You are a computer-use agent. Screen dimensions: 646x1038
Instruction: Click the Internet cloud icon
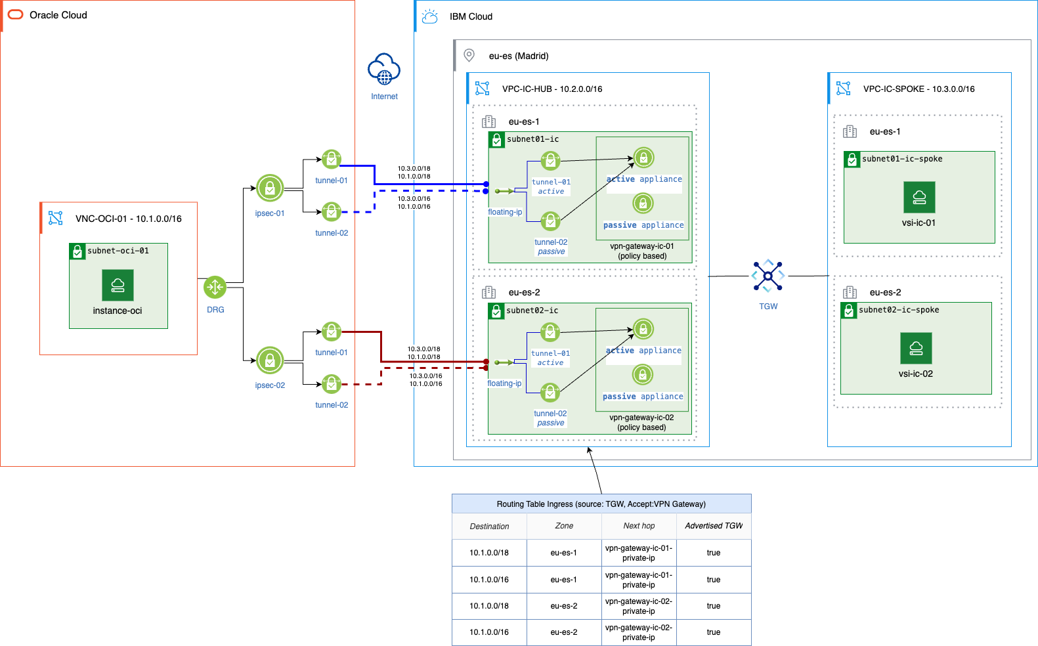click(x=384, y=70)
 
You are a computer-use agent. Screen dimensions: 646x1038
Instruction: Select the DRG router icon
click(x=215, y=287)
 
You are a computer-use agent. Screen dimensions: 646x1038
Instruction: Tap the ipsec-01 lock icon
click(x=270, y=188)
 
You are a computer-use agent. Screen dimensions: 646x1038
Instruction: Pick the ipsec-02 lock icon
click(x=270, y=360)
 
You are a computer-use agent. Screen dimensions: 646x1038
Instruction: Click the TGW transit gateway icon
click(x=768, y=276)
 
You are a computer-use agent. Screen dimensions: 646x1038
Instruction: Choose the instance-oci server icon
click(x=118, y=286)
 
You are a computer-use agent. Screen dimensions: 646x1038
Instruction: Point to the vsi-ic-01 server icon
click(x=919, y=197)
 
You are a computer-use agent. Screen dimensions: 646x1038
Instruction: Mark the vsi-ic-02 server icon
click(x=916, y=348)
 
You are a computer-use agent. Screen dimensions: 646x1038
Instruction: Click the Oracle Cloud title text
click(x=58, y=15)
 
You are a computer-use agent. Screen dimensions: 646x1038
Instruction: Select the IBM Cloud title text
click(x=471, y=16)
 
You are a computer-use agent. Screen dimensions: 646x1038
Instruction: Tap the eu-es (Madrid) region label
click(x=519, y=56)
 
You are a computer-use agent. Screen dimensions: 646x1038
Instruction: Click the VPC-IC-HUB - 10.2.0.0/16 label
click(x=552, y=89)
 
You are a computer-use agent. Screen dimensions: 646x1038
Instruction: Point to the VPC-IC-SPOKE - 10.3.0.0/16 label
click(x=919, y=89)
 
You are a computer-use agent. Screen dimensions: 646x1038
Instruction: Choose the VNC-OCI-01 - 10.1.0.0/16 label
click(x=129, y=219)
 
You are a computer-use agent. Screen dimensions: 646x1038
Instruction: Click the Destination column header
click(x=489, y=527)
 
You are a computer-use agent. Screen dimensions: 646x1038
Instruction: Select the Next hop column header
click(x=639, y=526)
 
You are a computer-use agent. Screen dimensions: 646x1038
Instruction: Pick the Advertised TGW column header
click(x=714, y=526)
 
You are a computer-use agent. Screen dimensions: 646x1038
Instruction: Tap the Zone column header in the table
click(x=564, y=526)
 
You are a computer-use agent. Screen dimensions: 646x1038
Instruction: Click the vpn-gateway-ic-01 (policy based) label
click(x=642, y=251)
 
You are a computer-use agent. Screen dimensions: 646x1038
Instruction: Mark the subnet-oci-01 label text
click(x=118, y=251)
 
